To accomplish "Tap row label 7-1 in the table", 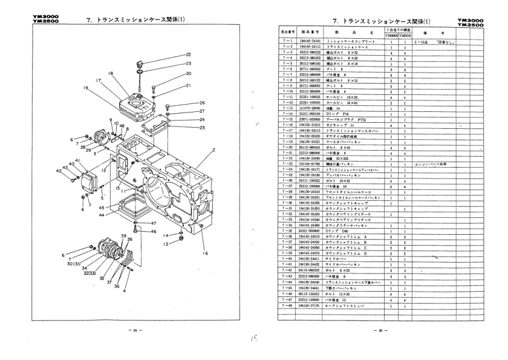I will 286,41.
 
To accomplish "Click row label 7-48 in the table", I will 286,307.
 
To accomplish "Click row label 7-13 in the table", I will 286,108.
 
